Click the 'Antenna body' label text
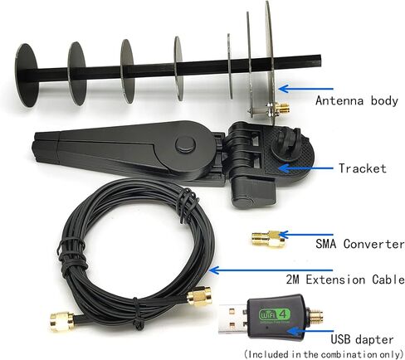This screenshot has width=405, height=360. pyautogui.click(x=357, y=100)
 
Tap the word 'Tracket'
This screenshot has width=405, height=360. pyautogui.click(x=363, y=168)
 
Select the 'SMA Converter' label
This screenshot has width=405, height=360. pyautogui.click(x=360, y=244)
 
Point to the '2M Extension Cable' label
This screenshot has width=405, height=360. pyautogui.click(x=345, y=280)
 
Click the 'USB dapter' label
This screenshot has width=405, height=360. pyautogui.click(x=362, y=339)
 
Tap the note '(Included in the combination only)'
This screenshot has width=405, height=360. pyautogui.click(x=324, y=354)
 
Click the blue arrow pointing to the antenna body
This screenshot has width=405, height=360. pyautogui.click(x=305, y=89)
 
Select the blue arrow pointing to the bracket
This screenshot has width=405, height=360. pyautogui.click(x=305, y=168)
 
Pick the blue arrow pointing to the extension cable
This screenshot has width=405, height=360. pyautogui.click(x=271, y=270)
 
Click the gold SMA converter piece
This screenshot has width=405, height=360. pyautogui.click(x=268, y=239)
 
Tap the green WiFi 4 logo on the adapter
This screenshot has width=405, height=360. pyautogui.click(x=275, y=314)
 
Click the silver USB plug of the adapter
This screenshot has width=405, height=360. pyautogui.click(x=233, y=319)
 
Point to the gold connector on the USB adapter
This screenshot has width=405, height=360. pyautogui.click(x=315, y=317)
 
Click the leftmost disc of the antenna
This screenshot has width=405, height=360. pyautogui.click(x=26, y=75)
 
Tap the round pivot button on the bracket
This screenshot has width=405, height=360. pyautogui.click(x=185, y=144)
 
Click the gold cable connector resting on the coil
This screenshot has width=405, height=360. pyautogui.click(x=199, y=297)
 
